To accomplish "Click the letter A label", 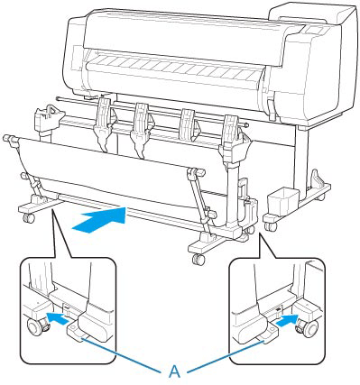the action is pos(174,371).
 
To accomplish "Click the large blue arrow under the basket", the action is pos(98,220).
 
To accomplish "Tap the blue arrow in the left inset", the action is pos(58,317).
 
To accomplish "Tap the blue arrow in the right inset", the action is pos(286,322).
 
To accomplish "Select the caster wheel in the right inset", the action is pos(308,329).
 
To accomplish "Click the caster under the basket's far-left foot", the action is pos(29,217).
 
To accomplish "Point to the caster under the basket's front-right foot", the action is pos(198,259).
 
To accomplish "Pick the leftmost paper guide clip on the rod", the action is pos(104,124).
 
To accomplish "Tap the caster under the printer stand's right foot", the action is pos(271,226).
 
